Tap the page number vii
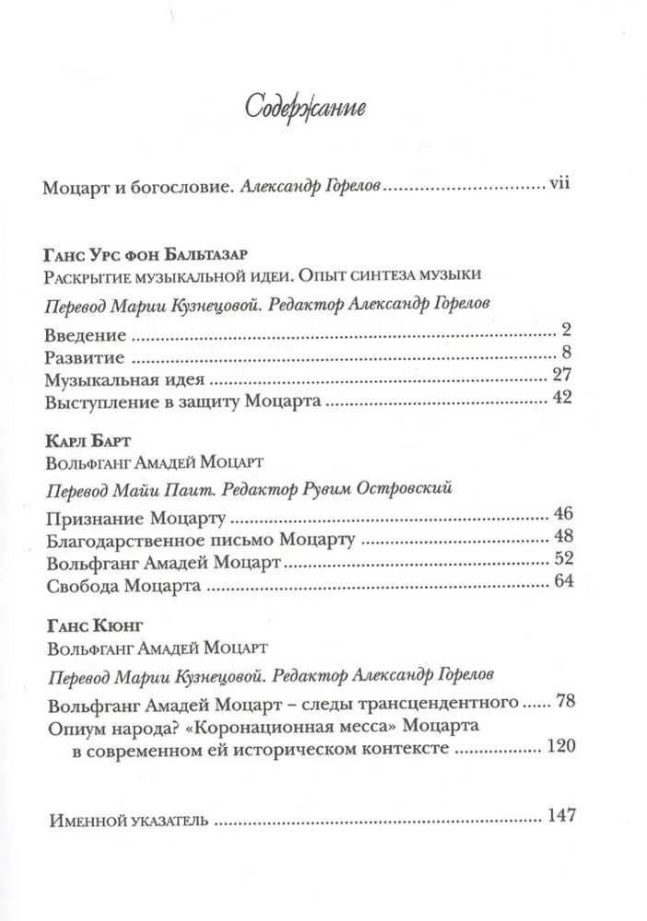pos(560,186)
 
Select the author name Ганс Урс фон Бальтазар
pos(147,254)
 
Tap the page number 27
pos(563,376)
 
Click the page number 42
pos(563,399)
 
